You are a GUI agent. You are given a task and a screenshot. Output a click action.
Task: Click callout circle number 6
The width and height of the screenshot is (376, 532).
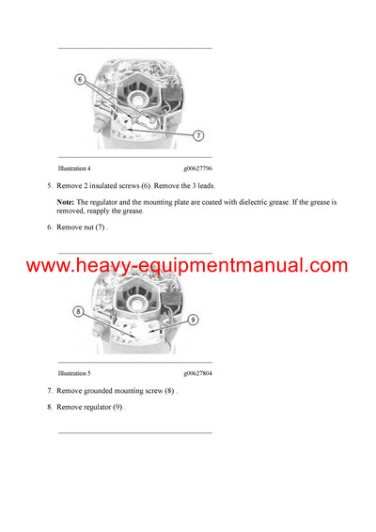81,80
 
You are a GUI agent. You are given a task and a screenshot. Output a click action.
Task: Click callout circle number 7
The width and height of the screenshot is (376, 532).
198,135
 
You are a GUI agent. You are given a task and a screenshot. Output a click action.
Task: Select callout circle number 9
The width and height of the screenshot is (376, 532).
194,319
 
